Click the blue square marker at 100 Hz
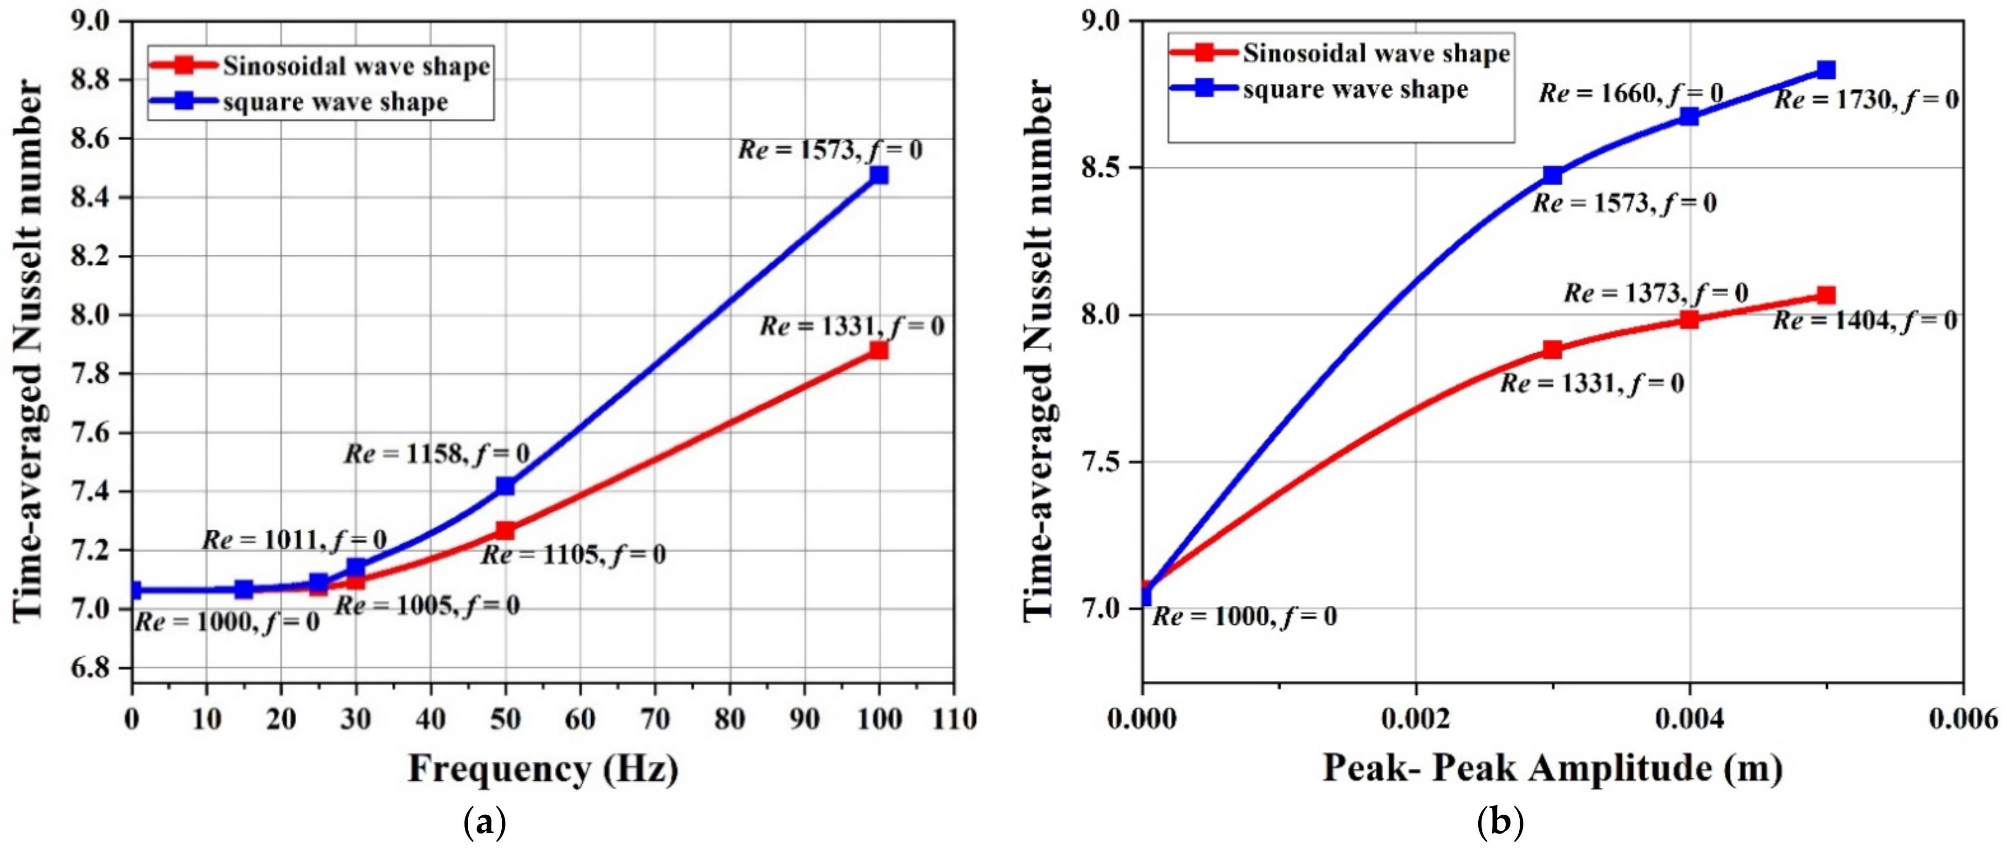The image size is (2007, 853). pyautogui.click(x=879, y=175)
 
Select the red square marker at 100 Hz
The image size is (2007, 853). pyautogui.click(x=879, y=351)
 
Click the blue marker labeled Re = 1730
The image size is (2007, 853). pyautogui.click(x=1825, y=70)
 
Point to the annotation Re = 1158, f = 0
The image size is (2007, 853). pyautogui.click(x=437, y=454)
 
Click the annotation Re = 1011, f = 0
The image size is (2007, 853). pyautogui.click(x=294, y=540)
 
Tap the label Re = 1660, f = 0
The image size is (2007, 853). pyautogui.click(x=1631, y=94)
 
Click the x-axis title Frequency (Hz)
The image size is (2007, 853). pyautogui.click(x=543, y=769)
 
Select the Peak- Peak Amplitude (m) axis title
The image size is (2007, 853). pyautogui.click(x=1552, y=769)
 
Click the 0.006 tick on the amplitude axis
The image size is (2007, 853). pyautogui.click(x=1963, y=718)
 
